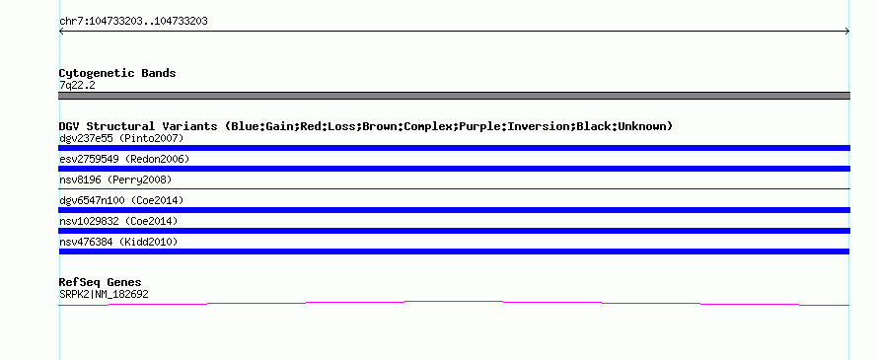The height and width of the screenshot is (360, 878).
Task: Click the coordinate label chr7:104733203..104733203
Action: (133, 22)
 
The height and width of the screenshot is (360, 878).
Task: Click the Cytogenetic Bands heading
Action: (117, 73)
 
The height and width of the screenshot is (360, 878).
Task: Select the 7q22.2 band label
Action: (77, 85)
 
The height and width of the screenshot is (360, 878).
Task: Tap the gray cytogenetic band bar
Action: (454, 96)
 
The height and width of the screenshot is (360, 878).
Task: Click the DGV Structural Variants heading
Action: (366, 126)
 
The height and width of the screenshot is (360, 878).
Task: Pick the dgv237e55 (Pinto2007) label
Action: (121, 138)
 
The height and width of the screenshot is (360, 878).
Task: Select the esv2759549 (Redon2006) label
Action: (124, 159)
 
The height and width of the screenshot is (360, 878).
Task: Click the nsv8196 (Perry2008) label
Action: (115, 180)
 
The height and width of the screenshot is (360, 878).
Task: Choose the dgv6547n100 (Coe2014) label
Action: (121, 200)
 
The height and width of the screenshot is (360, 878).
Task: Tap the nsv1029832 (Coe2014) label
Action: (118, 221)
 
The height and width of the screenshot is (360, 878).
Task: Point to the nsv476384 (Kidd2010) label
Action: (118, 242)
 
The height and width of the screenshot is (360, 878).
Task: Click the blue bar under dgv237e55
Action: (454, 148)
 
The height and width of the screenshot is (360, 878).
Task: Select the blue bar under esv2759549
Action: (454, 169)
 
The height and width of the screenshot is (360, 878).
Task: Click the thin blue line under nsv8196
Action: (454, 188)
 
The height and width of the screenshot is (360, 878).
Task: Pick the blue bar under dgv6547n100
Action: (454, 210)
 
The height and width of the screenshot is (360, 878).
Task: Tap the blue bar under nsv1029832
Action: (454, 231)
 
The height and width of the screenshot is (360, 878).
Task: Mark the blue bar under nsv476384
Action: (454, 252)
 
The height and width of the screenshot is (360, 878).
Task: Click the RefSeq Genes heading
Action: (100, 282)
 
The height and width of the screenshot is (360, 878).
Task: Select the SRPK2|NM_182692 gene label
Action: (104, 294)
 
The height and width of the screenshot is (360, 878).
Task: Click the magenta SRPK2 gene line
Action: (454, 302)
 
